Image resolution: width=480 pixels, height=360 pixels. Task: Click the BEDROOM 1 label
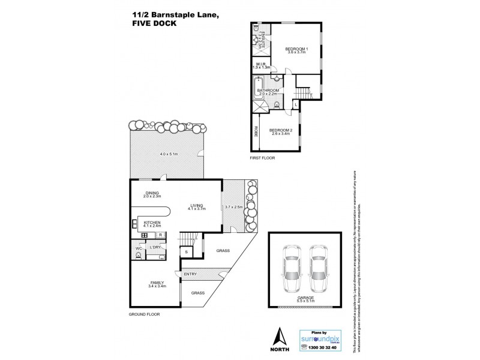[296, 48]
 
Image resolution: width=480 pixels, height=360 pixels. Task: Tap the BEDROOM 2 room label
[280, 130]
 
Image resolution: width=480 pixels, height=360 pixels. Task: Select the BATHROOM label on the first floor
[266, 90]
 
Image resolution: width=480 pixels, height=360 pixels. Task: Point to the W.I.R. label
[261, 64]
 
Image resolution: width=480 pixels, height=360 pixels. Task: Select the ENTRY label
[191, 274]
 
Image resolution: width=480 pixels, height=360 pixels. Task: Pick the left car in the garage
[292, 269]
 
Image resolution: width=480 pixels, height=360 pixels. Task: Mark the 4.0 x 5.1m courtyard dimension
[170, 154]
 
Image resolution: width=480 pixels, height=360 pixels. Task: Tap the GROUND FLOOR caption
[145, 314]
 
